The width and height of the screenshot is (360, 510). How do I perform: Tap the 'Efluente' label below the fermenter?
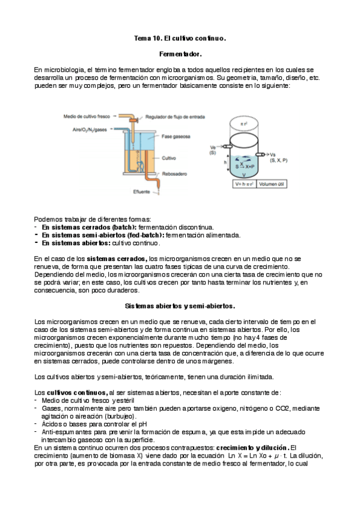click(x=142, y=192)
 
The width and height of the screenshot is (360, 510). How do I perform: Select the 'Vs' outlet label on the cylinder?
click(x=273, y=154)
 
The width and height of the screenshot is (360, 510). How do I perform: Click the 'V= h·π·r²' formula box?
click(x=244, y=185)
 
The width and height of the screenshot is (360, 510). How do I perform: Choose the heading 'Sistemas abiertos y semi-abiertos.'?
click(x=180, y=306)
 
